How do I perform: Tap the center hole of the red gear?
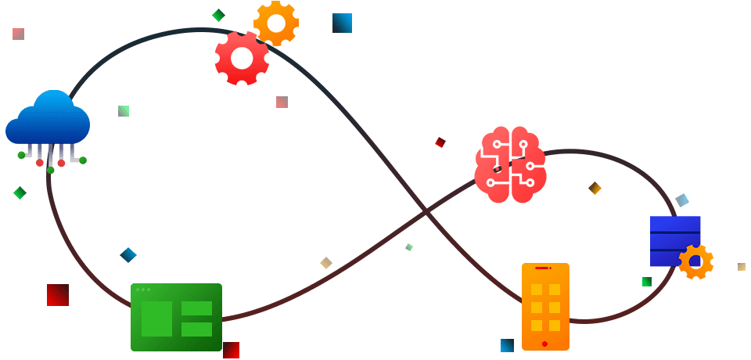click(x=242, y=57)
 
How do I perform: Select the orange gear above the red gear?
click(x=275, y=23)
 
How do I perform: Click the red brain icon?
click(x=510, y=164)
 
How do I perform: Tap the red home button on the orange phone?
click(x=544, y=344)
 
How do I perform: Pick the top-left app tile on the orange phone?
click(x=537, y=290)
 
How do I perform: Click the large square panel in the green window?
click(x=156, y=319)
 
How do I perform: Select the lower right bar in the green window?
click(x=196, y=329)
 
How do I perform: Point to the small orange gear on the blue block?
click(x=695, y=261)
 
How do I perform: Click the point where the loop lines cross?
click(x=426, y=211)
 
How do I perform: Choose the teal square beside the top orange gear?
click(x=342, y=23)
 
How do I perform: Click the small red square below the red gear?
click(x=282, y=102)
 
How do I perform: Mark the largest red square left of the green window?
click(x=58, y=295)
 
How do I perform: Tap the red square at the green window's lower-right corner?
click(x=231, y=350)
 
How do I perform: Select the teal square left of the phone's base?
click(x=507, y=345)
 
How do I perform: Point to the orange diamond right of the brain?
click(x=595, y=188)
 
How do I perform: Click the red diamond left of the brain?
click(x=440, y=142)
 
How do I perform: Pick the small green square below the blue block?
click(x=647, y=282)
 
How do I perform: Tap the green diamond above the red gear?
click(x=219, y=15)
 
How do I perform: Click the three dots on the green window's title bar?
click(x=143, y=290)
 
